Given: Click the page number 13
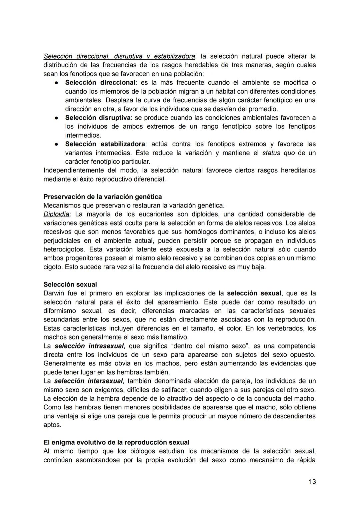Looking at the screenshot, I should click(x=312, y=482).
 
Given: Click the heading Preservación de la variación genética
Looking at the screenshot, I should click(x=102, y=197).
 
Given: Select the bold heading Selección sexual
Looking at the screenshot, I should click(x=70, y=284).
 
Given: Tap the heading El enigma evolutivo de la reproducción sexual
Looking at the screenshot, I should click(x=116, y=442).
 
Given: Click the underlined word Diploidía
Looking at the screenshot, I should click(x=56, y=214).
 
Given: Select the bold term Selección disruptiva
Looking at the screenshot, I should click(x=98, y=118).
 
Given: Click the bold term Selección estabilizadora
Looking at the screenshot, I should click(x=105, y=144).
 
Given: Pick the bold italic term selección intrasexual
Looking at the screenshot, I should click(x=89, y=346).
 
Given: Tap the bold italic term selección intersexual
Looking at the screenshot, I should click(x=88, y=381).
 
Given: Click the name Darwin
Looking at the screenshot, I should click(x=54, y=293).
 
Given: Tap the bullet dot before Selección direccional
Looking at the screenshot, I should click(x=57, y=83).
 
